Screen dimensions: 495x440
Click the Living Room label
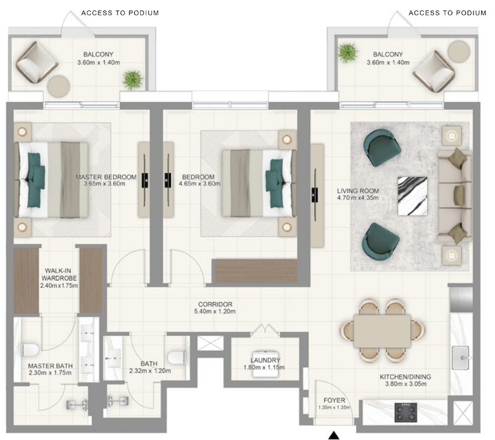point(358,191)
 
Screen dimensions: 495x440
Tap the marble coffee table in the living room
point(412,196)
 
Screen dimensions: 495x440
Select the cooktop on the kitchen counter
point(406,412)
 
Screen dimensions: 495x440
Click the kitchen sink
point(460,358)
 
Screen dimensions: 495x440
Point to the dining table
point(382,331)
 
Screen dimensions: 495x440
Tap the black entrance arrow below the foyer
point(334,436)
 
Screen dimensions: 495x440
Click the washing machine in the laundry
point(265,365)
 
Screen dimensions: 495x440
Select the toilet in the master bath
point(30,350)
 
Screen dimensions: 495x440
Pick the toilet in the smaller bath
point(176,357)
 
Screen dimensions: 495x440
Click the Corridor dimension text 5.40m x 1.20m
point(215,311)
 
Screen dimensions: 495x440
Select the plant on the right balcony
point(348,53)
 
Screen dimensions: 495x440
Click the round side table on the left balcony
point(58,86)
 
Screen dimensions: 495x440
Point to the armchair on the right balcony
point(434,72)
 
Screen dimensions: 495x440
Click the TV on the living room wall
point(315,194)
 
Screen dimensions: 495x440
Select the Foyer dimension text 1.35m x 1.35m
point(334,407)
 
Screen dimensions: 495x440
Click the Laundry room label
point(265,360)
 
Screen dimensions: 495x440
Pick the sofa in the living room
point(455,196)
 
